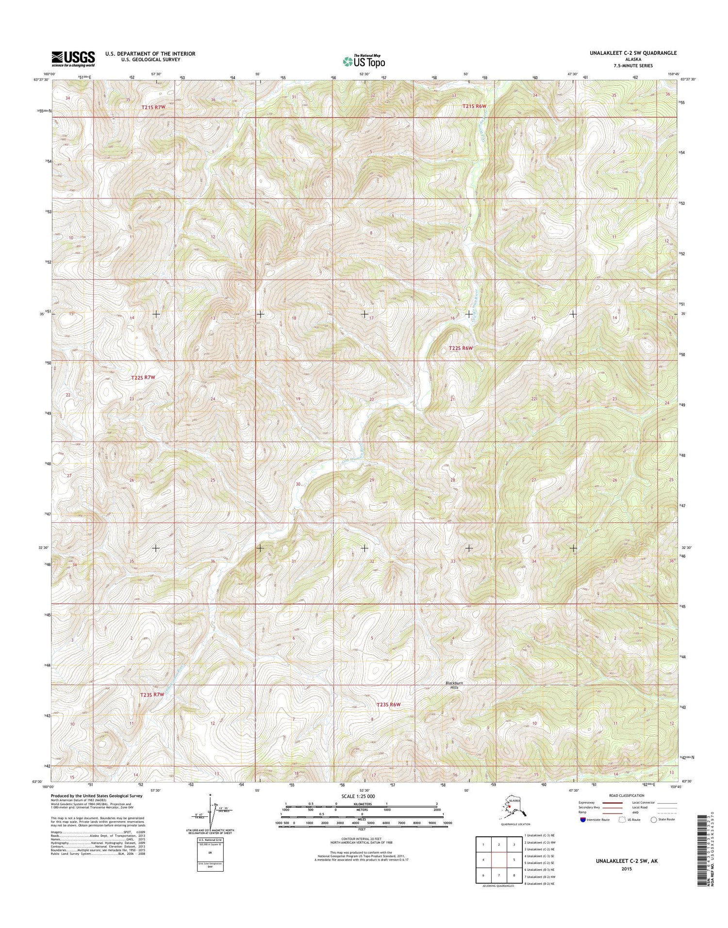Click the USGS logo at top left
(73, 59)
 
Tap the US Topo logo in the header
(364, 61)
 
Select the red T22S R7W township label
(145, 377)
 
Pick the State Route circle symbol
(654, 819)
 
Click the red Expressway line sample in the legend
(612, 803)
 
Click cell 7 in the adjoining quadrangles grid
(499, 876)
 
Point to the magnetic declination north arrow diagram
(211, 810)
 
